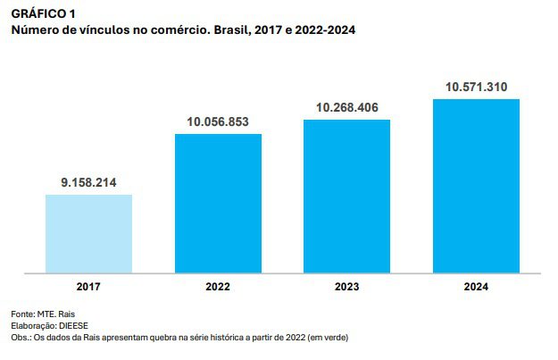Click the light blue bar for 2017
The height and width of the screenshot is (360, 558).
(x=88, y=233)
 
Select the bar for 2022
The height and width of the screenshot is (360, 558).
(x=218, y=203)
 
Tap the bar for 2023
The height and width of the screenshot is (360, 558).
(x=346, y=196)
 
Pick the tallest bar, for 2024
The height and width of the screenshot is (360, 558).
(x=476, y=185)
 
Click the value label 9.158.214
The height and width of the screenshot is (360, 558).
(x=89, y=182)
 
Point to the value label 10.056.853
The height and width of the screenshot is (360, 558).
(x=218, y=121)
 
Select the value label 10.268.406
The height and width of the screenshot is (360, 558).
(x=346, y=107)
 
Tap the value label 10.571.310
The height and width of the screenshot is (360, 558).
(x=476, y=87)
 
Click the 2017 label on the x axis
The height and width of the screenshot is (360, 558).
(x=88, y=287)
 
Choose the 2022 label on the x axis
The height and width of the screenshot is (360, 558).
(x=218, y=287)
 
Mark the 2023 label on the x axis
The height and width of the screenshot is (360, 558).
(x=346, y=287)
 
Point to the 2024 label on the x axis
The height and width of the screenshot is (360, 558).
(x=476, y=287)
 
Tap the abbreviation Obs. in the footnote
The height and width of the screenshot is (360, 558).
(x=21, y=338)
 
